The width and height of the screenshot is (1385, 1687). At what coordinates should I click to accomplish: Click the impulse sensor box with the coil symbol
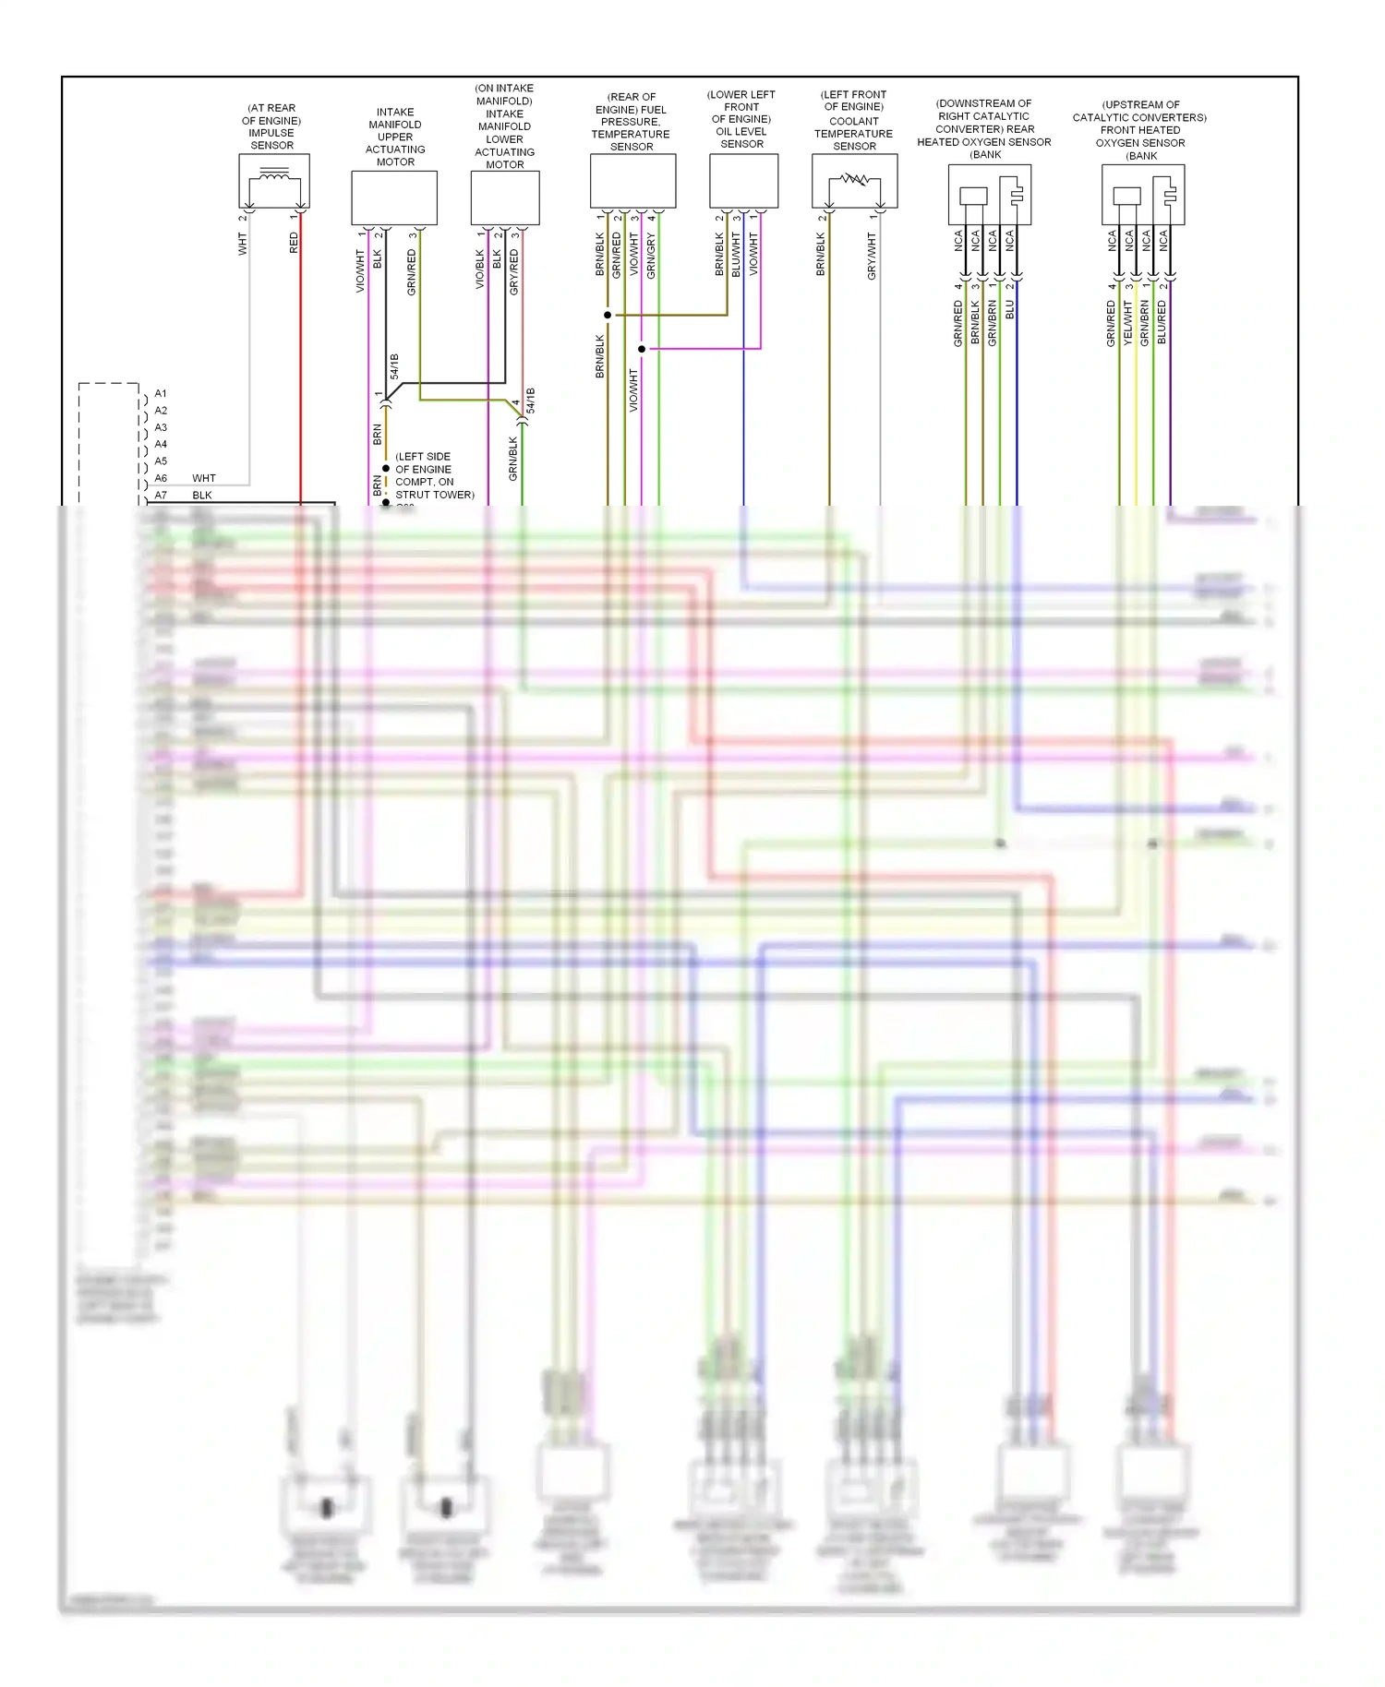click(x=273, y=181)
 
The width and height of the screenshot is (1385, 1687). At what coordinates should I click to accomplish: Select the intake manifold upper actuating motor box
click(x=394, y=197)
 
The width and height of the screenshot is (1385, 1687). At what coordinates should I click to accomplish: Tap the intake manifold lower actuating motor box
click(x=505, y=197)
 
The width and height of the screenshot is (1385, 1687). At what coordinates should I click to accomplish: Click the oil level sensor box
click(x=743, y=181)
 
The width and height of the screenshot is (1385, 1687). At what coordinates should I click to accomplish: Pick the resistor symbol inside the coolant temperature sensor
click(x=854, y=180)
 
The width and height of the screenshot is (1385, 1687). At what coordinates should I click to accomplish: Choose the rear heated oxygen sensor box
click(x=989, y=195)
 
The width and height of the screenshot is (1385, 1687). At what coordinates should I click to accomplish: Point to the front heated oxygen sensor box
click(x=1142, y=195)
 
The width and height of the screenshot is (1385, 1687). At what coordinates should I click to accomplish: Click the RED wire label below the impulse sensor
click(x=294, y=244)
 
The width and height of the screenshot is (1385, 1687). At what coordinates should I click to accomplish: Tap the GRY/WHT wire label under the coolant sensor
click(x=872, y=257)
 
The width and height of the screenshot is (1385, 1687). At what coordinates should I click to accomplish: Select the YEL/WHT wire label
click(x=1127, y=323)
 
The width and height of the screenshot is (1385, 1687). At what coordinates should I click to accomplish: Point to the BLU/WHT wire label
click(x=736, y=255)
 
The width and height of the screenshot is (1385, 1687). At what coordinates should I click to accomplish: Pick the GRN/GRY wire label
click(x=651, y=256)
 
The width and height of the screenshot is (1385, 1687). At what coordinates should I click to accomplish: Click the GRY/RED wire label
click(x=514, y=272)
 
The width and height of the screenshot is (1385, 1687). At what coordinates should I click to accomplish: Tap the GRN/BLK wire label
click(x=513, y=459)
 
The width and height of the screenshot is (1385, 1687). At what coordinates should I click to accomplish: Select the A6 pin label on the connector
click(x=161, y=478)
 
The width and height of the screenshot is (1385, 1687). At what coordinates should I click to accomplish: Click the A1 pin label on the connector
click(x=161, y=394)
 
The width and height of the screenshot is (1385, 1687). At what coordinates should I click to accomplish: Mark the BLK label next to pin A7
click(x=202, y=496)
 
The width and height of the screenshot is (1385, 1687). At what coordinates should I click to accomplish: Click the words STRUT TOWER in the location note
click(x=434, y=495)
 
